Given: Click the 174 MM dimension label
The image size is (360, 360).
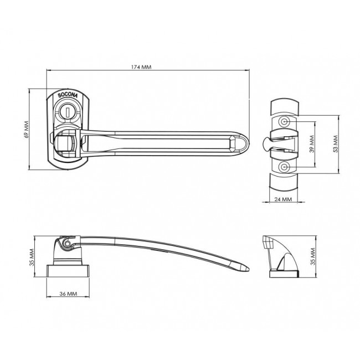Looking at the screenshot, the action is [141, 67].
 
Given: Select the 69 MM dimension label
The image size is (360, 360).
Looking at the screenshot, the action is [27, 129].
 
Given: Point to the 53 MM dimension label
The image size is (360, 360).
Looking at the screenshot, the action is [336, 144].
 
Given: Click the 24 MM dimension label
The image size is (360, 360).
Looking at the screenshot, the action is [284, 199].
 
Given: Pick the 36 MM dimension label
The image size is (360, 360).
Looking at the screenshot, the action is [68, 294].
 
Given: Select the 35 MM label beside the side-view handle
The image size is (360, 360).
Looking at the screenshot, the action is [32, 257].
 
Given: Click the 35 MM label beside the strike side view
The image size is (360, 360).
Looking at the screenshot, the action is [313, 256].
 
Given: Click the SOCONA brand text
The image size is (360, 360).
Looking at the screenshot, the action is [68, 95].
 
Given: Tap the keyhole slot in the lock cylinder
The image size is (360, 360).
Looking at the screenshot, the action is [68, 112].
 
